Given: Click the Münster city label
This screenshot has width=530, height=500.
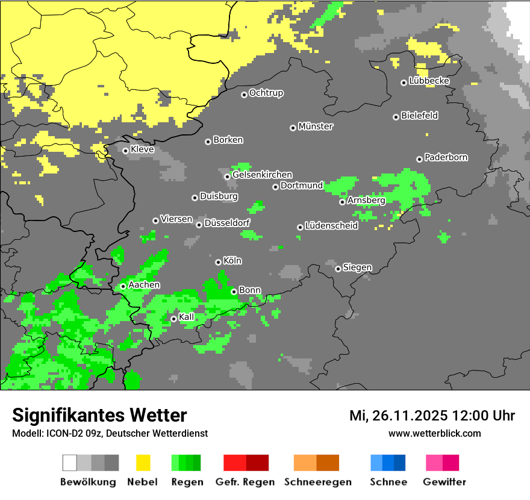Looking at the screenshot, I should pos(316,127).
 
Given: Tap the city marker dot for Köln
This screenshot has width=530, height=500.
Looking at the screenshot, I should pos(218,262).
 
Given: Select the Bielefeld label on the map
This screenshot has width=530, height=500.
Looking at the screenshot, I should pos(420,116).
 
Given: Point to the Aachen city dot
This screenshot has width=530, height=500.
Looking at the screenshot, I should pos(123,286).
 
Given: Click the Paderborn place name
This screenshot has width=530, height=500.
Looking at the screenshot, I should pos(446,158).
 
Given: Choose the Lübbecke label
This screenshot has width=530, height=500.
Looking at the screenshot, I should pos(429,81).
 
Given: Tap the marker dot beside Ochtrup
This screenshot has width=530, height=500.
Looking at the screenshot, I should pos(244,94).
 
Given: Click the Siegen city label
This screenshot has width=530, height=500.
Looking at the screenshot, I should pos(358,267).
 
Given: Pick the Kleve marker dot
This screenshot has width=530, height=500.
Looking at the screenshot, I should pos(125,151).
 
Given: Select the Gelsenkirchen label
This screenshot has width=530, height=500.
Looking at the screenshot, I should pos(263,175).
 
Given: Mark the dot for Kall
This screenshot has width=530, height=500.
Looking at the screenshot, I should pos(173,319).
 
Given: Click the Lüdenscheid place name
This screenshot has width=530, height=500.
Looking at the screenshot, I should pos(332,226).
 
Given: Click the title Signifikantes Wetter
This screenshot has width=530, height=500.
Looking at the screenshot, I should pos(99,416).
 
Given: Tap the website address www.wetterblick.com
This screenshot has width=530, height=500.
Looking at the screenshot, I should pos(435,434).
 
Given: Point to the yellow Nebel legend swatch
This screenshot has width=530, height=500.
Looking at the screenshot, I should pos(143,463).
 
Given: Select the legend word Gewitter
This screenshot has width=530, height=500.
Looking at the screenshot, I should pos(444,482).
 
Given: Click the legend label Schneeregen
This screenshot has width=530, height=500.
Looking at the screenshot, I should pos(318,482).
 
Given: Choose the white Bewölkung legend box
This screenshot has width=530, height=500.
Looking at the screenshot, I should pos(70,463).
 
